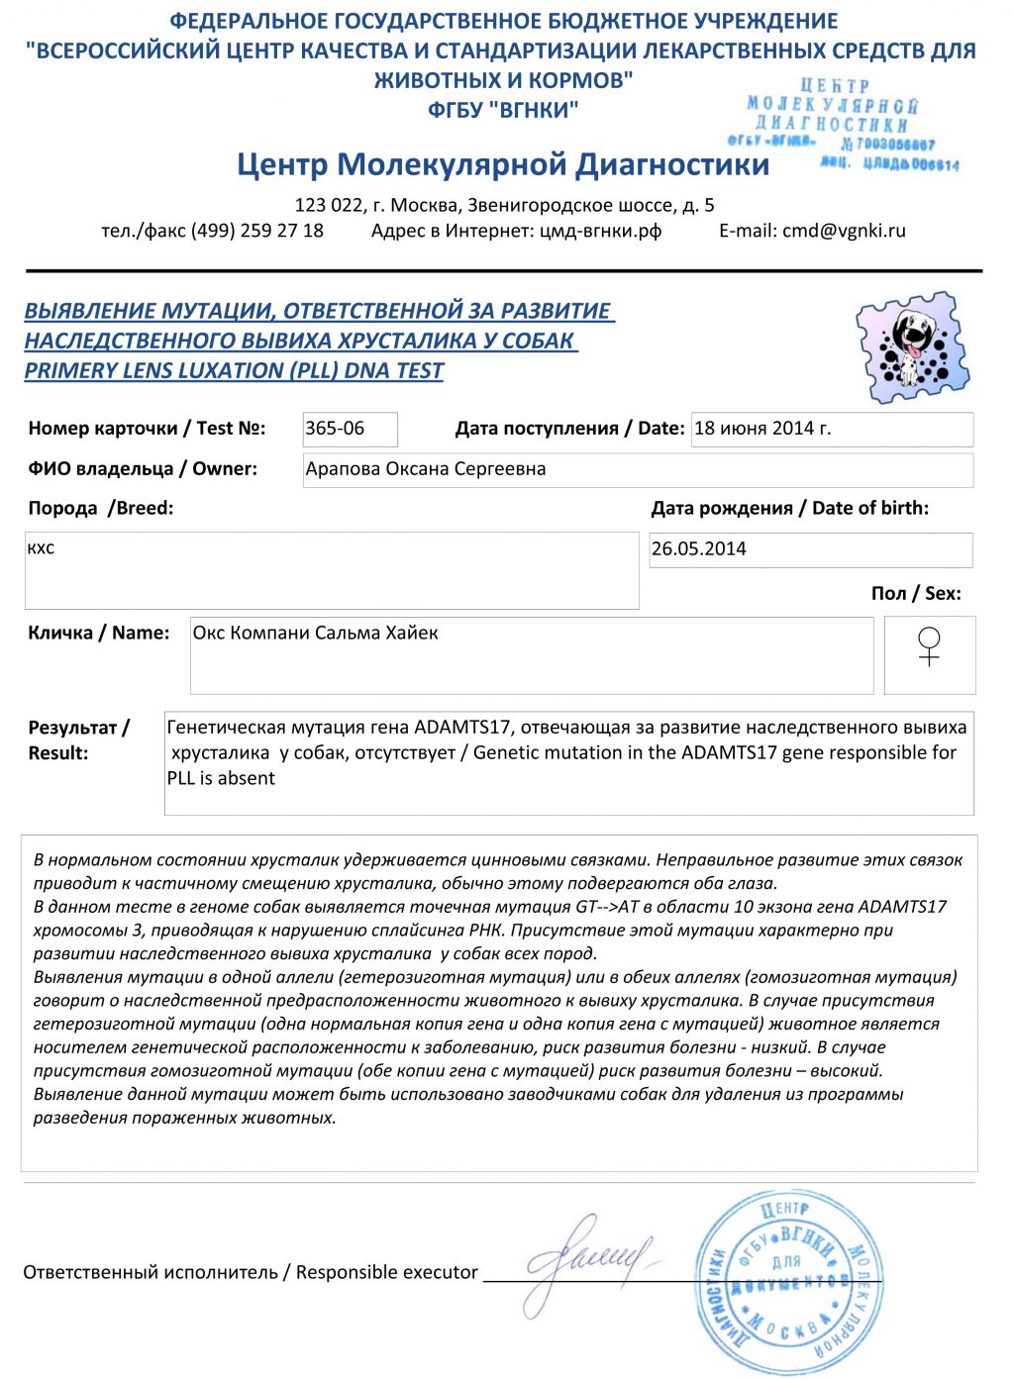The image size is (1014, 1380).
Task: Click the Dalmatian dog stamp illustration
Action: (x=913, y=346)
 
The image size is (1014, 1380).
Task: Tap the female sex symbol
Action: (x=929, y=646)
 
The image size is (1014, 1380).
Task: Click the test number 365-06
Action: (x=336, y=429)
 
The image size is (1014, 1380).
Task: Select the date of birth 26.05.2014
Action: (x=699, y=548)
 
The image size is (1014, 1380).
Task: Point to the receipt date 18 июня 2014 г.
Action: (x=762, y=429)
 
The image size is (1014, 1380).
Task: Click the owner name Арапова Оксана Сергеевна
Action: (x=426, y=469)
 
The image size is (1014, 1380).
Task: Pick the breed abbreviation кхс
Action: (x=42, y=548)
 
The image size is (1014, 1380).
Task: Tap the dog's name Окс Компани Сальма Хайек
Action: (x=315, y=633)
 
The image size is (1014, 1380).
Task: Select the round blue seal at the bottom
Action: (x=788, y=1283)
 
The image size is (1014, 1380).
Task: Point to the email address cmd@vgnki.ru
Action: (x=844, y=231)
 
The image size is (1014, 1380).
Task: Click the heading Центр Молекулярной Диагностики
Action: (x=503, y=164)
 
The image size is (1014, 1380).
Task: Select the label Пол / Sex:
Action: (x=916, y=593)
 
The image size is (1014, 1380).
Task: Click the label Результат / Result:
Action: (x=78, y=739)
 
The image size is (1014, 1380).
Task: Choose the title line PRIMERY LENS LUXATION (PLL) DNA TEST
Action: (x=234, y=370)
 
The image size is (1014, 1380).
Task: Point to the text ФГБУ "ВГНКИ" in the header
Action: (x=503, y=110)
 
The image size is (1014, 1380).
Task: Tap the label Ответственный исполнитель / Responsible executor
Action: (x=251, y=1272)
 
